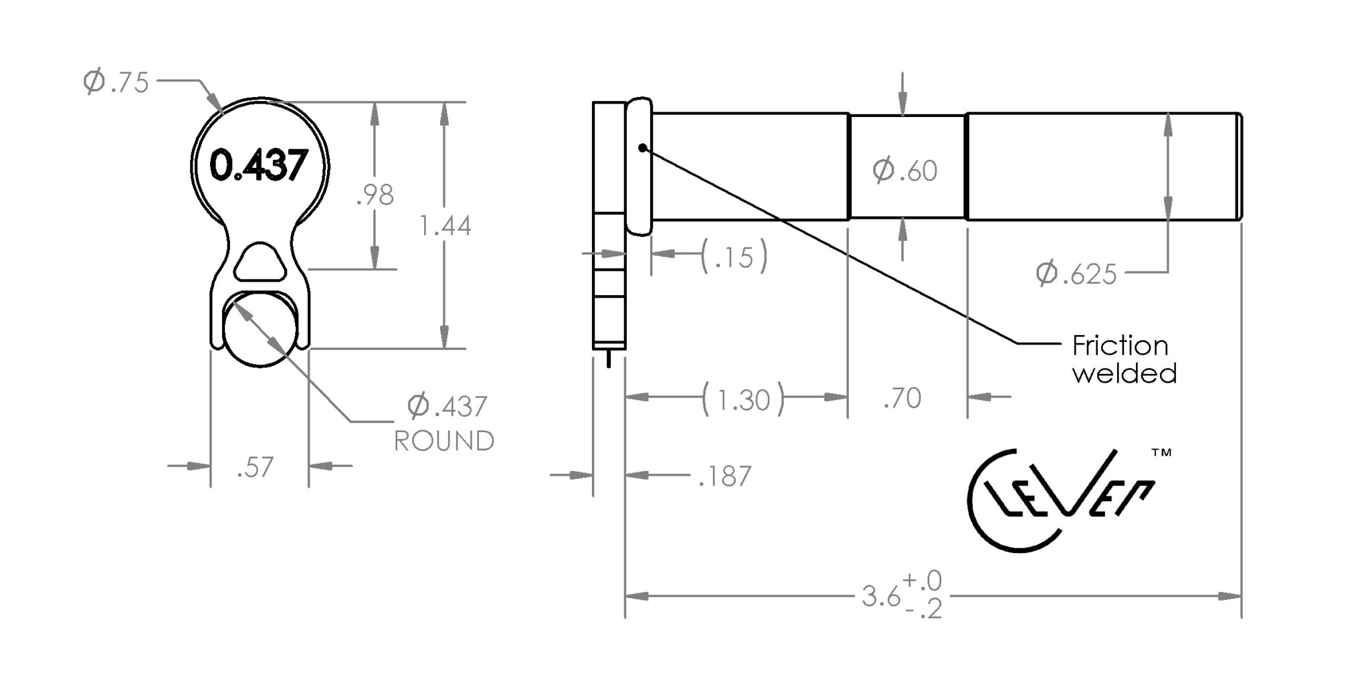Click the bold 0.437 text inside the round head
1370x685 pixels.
pos(259,165)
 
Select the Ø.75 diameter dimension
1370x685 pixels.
pos(116,82)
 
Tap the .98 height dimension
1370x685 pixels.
pos(375,195)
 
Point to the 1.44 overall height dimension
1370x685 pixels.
pos(445,226)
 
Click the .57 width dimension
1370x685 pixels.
pos(256,468)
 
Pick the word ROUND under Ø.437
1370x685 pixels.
pos(444,441)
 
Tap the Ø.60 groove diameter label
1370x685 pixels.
pos(905,171)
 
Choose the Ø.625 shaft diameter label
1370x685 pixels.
pos(1076,274)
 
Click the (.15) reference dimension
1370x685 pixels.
pos(734,257)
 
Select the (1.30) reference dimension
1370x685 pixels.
pos(743,400)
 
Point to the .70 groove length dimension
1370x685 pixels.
pos(902,399)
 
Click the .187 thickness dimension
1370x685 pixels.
pos(725,476)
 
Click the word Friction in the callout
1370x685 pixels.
pos(1120,346)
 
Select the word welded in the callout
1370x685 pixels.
pos(1124,373)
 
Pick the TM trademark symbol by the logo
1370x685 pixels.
pos(1161,453)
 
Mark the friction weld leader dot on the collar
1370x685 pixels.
pos(643,148)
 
